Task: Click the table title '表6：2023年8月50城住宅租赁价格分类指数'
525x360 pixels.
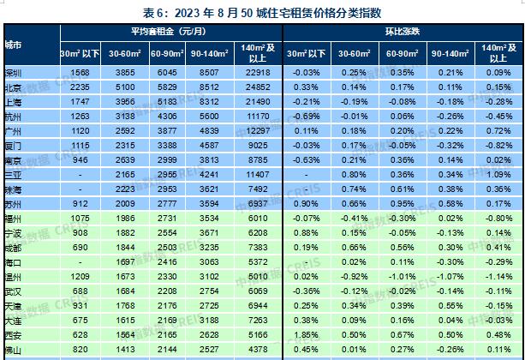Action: (x=262, y=12)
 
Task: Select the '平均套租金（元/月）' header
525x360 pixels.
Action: (x=170, y=32)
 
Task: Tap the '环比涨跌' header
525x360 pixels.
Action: (x=403, y=32)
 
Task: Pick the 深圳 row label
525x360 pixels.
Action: (x=13, y=74)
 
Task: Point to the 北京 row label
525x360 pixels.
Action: (x=13, y=87)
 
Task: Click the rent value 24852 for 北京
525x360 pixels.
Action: (x=258, y=87)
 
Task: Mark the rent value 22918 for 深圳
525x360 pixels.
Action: (x=258, y=74)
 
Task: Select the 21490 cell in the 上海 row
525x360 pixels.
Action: (x=258, y=100)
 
